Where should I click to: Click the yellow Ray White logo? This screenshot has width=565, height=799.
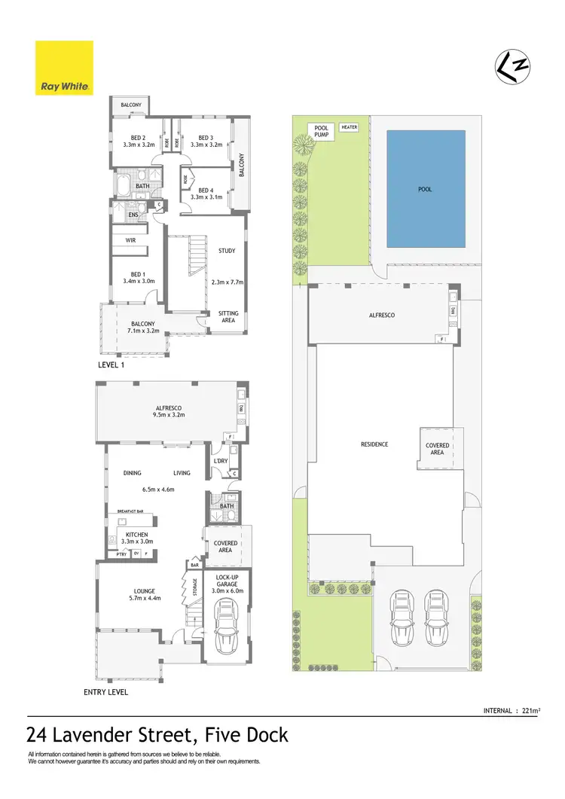(64, 68)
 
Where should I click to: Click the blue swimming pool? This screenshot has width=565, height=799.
(426, 188)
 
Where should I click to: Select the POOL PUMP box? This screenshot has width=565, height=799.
(322, 132)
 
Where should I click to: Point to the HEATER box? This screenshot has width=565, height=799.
(349, 127)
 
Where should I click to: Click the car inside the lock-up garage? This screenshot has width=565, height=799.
(225, 627)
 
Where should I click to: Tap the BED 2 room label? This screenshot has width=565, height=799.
(138, 138)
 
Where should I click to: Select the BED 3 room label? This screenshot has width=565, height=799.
(206, 138)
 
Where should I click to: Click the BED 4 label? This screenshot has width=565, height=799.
(206, 191)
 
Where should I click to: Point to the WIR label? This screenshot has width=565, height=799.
(130, 241)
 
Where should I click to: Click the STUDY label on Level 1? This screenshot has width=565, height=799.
(227, 251)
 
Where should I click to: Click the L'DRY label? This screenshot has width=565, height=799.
(221, 461)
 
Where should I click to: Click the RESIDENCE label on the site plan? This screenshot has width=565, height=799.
(374, 444)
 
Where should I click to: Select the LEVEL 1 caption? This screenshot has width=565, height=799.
(114, 364)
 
